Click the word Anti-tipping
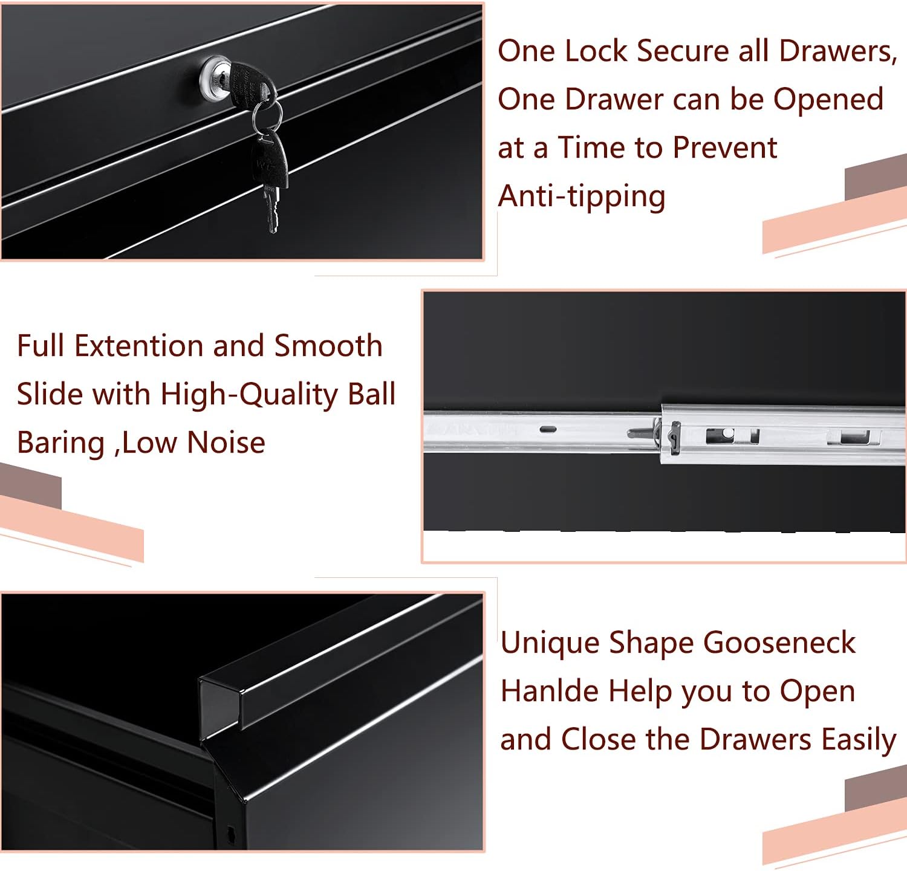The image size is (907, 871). point(581,196)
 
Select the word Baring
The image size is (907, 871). point(61,443)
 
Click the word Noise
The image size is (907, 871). point(226,442)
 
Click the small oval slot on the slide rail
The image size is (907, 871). point(548,429)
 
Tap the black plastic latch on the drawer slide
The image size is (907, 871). point(672,436)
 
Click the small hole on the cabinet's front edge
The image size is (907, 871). point(230,835)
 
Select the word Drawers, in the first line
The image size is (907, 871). point(838,51)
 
